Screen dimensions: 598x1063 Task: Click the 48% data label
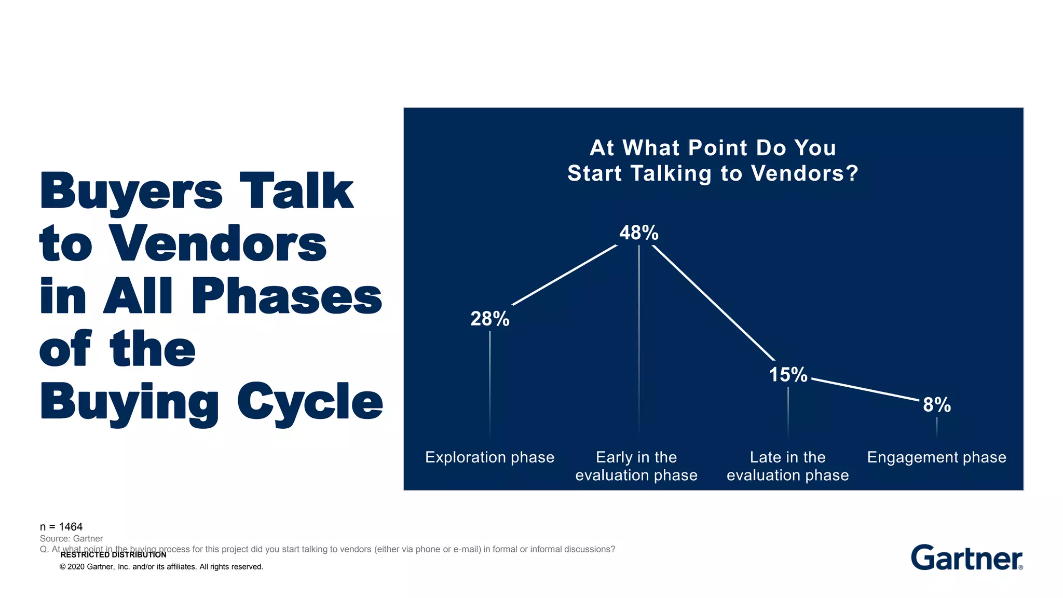pyautogui.click(x=638, y=233)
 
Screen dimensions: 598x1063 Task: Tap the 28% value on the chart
pyautogui.click(x=489, y=319)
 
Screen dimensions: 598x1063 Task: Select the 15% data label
pyautogui.click(x=788, y=375)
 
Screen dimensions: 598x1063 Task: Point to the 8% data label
pyautogui.click(x=936, y=405)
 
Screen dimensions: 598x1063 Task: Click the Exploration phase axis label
pyautogui.click(x=489, y=457)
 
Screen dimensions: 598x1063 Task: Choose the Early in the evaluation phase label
pyautogui.click(x=636, y=466)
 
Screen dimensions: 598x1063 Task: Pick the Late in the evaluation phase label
pyautogui.click(x=787, y=466)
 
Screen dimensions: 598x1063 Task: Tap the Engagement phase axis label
pyautogui.click(x=936, y=457)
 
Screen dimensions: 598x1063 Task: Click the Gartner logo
pyautogui.click(x=966, y=558)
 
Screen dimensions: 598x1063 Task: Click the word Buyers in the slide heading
pyautogui.click(x=131, y=192)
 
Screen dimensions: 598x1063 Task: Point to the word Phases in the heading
pyautogui.click(x=287, y=297)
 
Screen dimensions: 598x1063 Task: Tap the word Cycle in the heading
pyautogui.click(x=310, y=402)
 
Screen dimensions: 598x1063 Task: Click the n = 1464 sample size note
pyautogui.click(x=61, y=527)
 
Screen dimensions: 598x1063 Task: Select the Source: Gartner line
pyautogui.click(x=71, y=539)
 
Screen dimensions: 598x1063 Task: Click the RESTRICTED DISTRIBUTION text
pyautogui.click(x=113, y=555)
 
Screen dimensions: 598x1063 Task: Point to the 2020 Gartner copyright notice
pyautogui.click(x=161, y=567)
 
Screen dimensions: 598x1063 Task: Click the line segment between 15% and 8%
pyautogui.click(x=865, y=389)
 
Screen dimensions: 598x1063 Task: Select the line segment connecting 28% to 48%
pyautogui.click(x=565, y=275)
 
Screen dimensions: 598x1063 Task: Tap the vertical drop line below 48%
pyautogui.click(x=639, y=337)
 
